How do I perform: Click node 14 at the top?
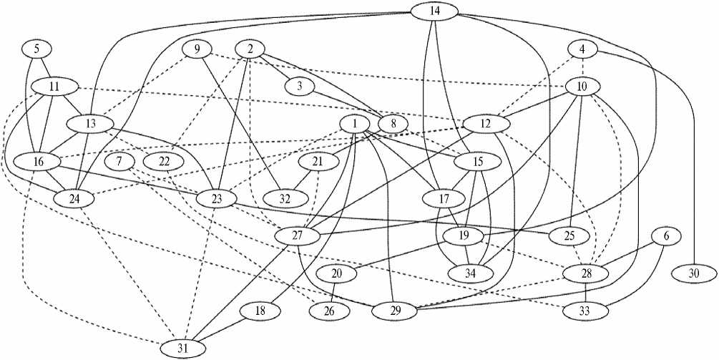(436, 11)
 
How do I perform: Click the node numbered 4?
(582, 49)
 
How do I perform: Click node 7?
(119, 160)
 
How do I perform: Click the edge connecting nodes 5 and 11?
(44, 67)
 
